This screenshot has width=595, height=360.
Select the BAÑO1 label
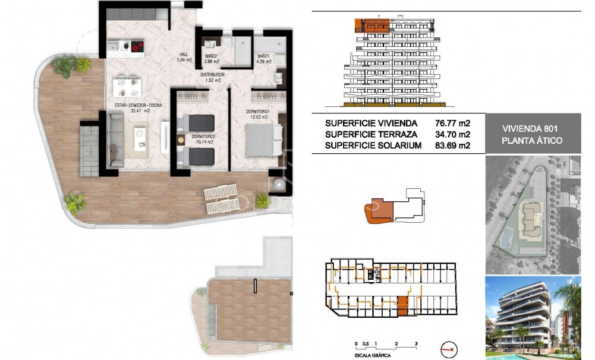point(263,58)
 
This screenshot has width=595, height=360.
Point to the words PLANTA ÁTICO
point(532,141)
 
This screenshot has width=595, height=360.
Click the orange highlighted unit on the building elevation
point(372,25)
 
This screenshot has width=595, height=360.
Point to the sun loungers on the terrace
point(222,199)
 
